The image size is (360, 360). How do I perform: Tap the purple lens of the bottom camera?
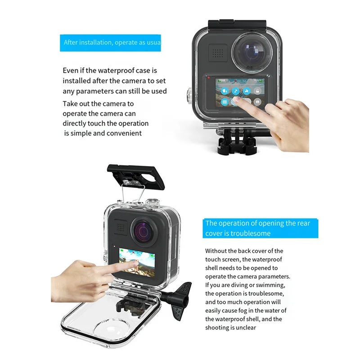pyautogui.click(x=143, y=230)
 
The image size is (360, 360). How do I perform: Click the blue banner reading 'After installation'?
pyautogui.click(x=111, y=43)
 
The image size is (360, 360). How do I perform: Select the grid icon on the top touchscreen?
pyautogui.click(x=224, y=102)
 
